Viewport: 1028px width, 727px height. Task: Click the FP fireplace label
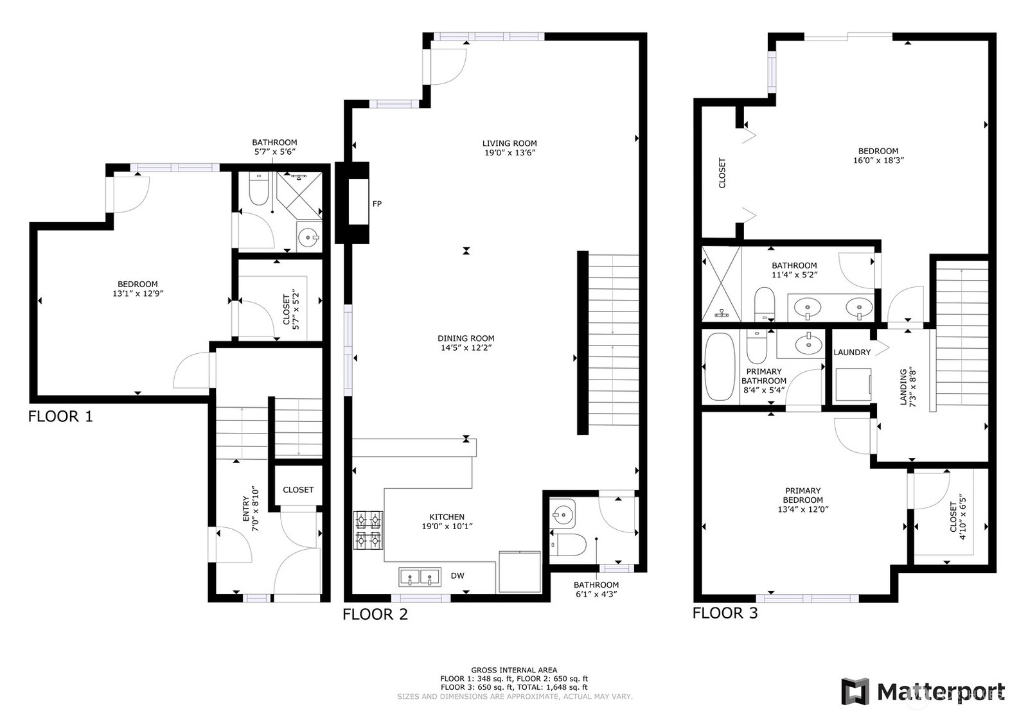tap(377, 204)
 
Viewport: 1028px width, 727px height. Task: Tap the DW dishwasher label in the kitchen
tap(457, 575)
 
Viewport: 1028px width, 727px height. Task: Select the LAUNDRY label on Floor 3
tap(852, 353)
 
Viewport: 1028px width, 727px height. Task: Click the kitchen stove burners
tap(368, 530)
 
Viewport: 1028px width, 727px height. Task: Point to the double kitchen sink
tap(420, 577)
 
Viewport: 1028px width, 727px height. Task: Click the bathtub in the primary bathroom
tap(720, 367)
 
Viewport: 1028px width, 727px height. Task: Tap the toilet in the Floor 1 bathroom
tap(259, 189)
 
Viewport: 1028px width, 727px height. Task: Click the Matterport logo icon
tap(855, 692)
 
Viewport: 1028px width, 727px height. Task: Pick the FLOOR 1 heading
tap(60, 416)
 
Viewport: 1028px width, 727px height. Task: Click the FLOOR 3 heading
tap(725, 613)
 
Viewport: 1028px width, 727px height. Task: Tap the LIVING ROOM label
tap(510, 143)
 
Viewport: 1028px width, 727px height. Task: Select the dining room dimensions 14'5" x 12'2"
tap(466, 347)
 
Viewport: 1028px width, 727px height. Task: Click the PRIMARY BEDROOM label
tap(802, 495)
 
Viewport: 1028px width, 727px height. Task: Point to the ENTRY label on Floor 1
tap(246, 509)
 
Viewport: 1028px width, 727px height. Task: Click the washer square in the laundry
tap(853, 384)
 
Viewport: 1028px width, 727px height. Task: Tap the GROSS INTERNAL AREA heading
tap(514, 670)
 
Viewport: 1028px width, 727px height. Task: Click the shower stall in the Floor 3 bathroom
tap(721, 283)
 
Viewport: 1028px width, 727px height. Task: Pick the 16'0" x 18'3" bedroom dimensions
tap(878, 161)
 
